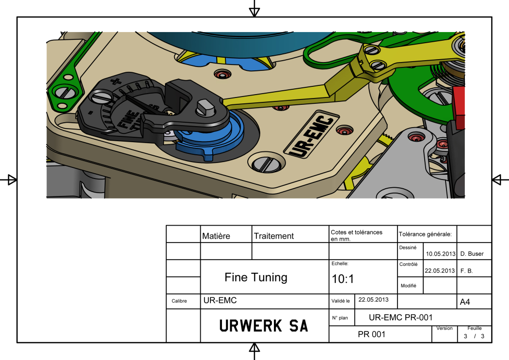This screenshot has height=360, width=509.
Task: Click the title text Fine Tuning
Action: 256,278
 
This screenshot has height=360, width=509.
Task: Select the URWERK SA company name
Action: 264,326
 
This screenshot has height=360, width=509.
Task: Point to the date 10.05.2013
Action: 440,254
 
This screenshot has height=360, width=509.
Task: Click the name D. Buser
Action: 472,254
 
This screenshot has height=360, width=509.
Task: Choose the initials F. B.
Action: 466,270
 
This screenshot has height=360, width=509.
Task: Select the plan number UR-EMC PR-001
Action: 400,317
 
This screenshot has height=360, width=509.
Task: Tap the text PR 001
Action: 371,334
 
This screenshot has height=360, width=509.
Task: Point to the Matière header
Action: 216,236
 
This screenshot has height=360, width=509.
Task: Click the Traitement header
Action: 274,236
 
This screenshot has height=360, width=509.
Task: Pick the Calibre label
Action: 179,301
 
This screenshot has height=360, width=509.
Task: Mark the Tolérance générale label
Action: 425,234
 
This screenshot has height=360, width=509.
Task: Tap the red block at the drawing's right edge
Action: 459,103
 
